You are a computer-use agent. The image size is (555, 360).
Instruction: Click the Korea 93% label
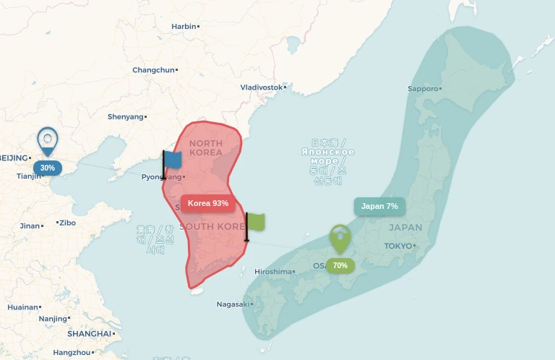pos(208,203)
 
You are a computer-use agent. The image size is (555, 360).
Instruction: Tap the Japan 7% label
pos(379,206)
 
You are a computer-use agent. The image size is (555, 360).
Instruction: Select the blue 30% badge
pos(48,168)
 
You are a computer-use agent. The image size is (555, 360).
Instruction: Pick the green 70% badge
pos(340,265)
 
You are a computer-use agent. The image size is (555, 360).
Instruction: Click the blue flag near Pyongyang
pos(172,160)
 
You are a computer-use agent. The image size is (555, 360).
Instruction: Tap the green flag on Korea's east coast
pos(255,222)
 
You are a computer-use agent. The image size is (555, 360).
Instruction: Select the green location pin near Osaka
pos(340,239)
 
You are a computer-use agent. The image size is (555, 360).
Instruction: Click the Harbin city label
pos(184,26)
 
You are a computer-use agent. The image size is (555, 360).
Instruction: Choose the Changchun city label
pos(153,70)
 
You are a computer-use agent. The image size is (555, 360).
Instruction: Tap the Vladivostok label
pos(261,87)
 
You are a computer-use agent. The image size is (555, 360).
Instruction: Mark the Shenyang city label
pos(125,116)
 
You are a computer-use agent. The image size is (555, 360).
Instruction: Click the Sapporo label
pos(423,89)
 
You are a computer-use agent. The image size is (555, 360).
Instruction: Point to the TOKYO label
pos(397,246)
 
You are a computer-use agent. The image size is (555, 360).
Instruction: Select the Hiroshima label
pos(273,272)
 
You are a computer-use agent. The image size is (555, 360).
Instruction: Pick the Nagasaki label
pos(233,304)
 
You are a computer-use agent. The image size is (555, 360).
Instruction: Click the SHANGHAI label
pos(90,334)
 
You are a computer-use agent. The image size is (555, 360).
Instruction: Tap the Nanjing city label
pos(52,318)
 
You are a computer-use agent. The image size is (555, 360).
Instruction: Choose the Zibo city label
pos(67,223)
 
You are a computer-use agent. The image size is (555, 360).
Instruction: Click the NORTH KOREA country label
pos(206,148)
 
